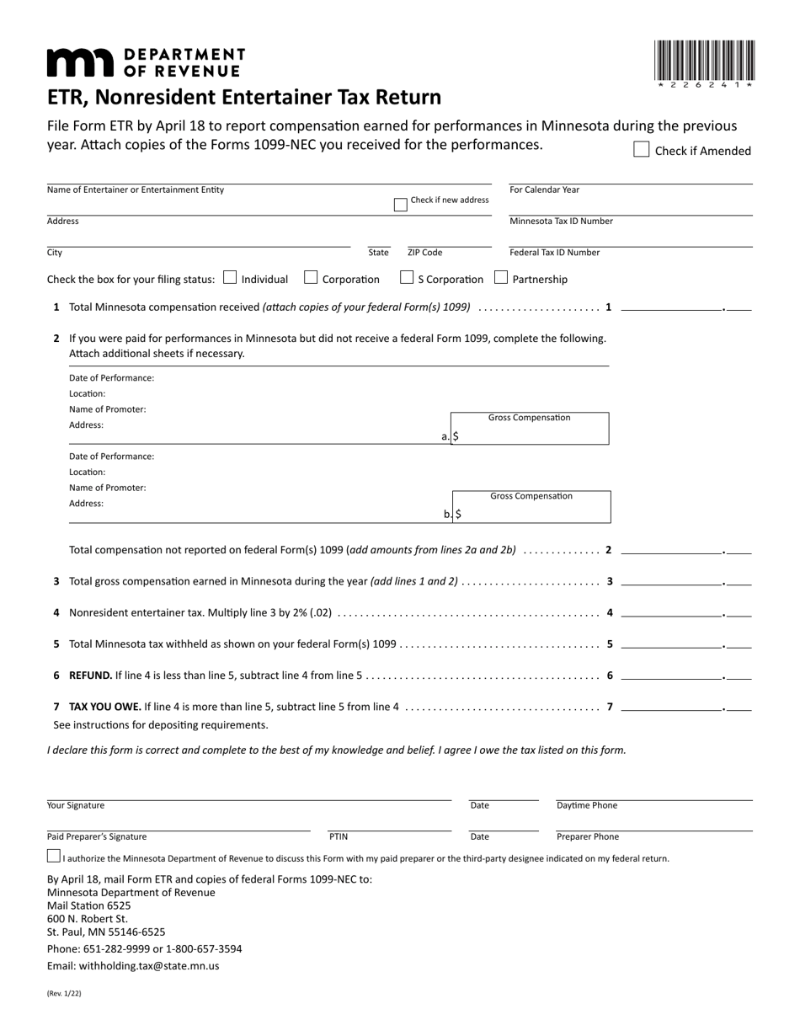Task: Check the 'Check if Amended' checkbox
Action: [641, 150]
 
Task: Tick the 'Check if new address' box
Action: [401, 205]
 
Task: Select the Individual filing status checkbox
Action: [230, 278]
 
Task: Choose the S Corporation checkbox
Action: [407, 278]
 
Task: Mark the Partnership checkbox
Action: [501, 278]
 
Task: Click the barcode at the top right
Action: [704, 61]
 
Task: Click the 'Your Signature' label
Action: [76, 805]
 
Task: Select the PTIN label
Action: [338, 836]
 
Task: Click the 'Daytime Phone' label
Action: [587, 805]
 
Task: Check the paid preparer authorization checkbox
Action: [54, 857]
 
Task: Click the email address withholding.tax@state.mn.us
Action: [133, 966]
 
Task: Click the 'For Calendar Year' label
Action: [545, 190]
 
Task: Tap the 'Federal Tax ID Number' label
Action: [555, 252]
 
